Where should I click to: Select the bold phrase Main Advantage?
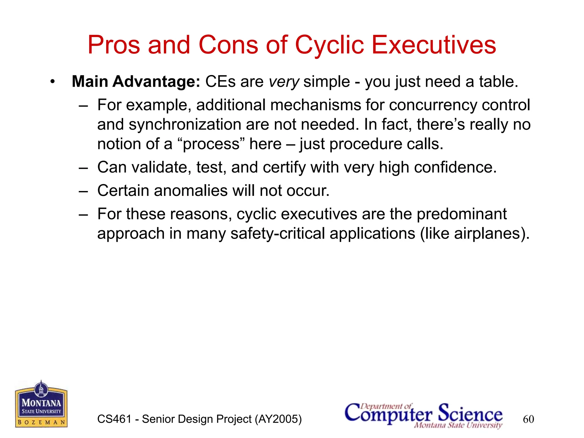(x=136, y=82)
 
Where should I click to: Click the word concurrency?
(x=433, y=105)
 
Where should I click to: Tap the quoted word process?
(x=211, y=144)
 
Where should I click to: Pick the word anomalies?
(x=190, y=190)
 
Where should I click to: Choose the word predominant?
(x=462, y=214)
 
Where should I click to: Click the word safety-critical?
(x=277, y=234)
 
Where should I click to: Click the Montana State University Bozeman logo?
(x=41, y=405)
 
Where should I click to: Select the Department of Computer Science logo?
(x=424, y=415)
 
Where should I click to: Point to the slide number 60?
(x=528, y=419)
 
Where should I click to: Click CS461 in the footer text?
(x=114, y=419)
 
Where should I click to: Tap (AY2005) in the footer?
(x=278, y=419)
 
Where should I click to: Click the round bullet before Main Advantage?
(x=52, y=82)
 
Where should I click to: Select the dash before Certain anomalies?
(x=83, y=191)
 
